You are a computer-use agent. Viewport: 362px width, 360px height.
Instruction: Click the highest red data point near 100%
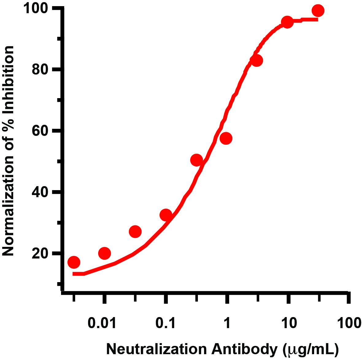coord(318,11)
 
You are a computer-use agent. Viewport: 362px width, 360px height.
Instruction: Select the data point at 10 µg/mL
coord(287,22)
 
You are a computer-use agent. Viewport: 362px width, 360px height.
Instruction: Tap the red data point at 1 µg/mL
coord(226,138)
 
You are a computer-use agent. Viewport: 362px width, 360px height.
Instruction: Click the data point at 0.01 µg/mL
coord(105,253)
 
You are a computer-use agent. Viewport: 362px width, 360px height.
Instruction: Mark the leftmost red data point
coord(74,262)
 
